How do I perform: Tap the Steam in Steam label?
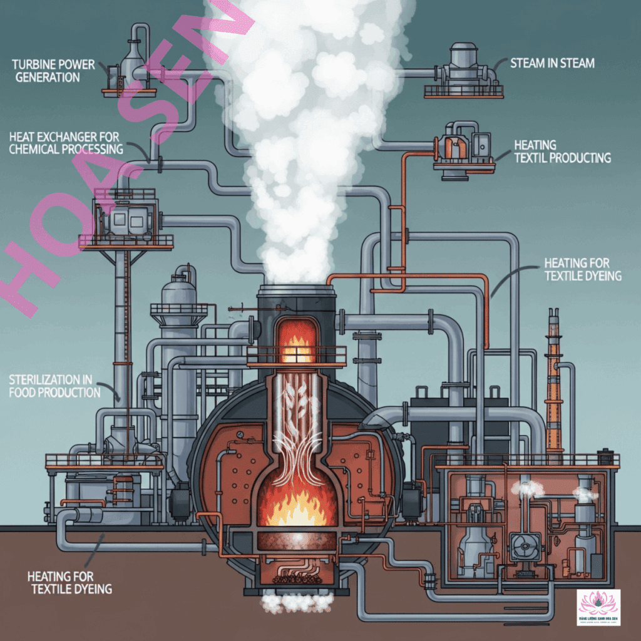click(x=551, y=63)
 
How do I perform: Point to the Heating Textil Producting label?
click(x=562, y=151)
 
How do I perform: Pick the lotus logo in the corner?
click(x=598, y=607)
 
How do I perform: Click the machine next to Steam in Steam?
click(x=463, y=69)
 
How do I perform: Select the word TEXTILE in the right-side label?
click(x=567, y=275)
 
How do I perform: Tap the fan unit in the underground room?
click(x=521, y=547)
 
